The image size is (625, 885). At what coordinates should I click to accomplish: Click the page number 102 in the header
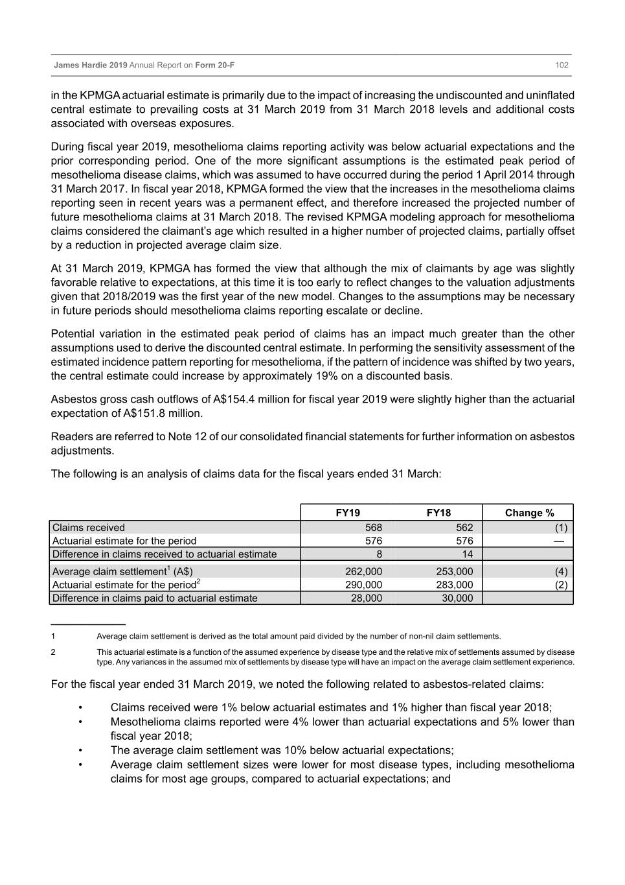click(562, 65)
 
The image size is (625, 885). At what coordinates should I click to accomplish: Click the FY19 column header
click(348, 513)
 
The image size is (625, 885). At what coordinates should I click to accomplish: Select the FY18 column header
click(438, 513)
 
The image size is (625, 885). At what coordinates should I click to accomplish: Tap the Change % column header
click(529, 513)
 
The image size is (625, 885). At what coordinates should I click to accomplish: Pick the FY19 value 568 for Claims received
click(373, 528)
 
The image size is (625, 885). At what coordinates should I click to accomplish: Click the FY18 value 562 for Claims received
click(464, 528)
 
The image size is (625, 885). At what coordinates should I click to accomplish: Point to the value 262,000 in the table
click(363, 572)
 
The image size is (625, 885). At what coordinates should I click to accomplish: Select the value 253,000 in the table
click(454, 572)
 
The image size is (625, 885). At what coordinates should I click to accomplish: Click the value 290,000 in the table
click(363, 585)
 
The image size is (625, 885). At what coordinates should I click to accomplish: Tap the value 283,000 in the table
click(454, 585)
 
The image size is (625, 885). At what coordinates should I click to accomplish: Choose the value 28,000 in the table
click(366, 598)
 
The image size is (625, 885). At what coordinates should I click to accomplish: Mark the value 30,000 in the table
click(457, 598)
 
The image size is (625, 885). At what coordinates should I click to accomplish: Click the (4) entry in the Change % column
click(561, 572)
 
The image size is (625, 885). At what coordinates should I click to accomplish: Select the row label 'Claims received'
click(89, 528)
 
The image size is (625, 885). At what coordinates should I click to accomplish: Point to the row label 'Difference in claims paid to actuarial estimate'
click(155, 598)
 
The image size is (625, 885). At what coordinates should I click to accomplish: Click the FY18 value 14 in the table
click(467, 554)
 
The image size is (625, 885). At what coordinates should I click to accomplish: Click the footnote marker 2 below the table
click(53, 652)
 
